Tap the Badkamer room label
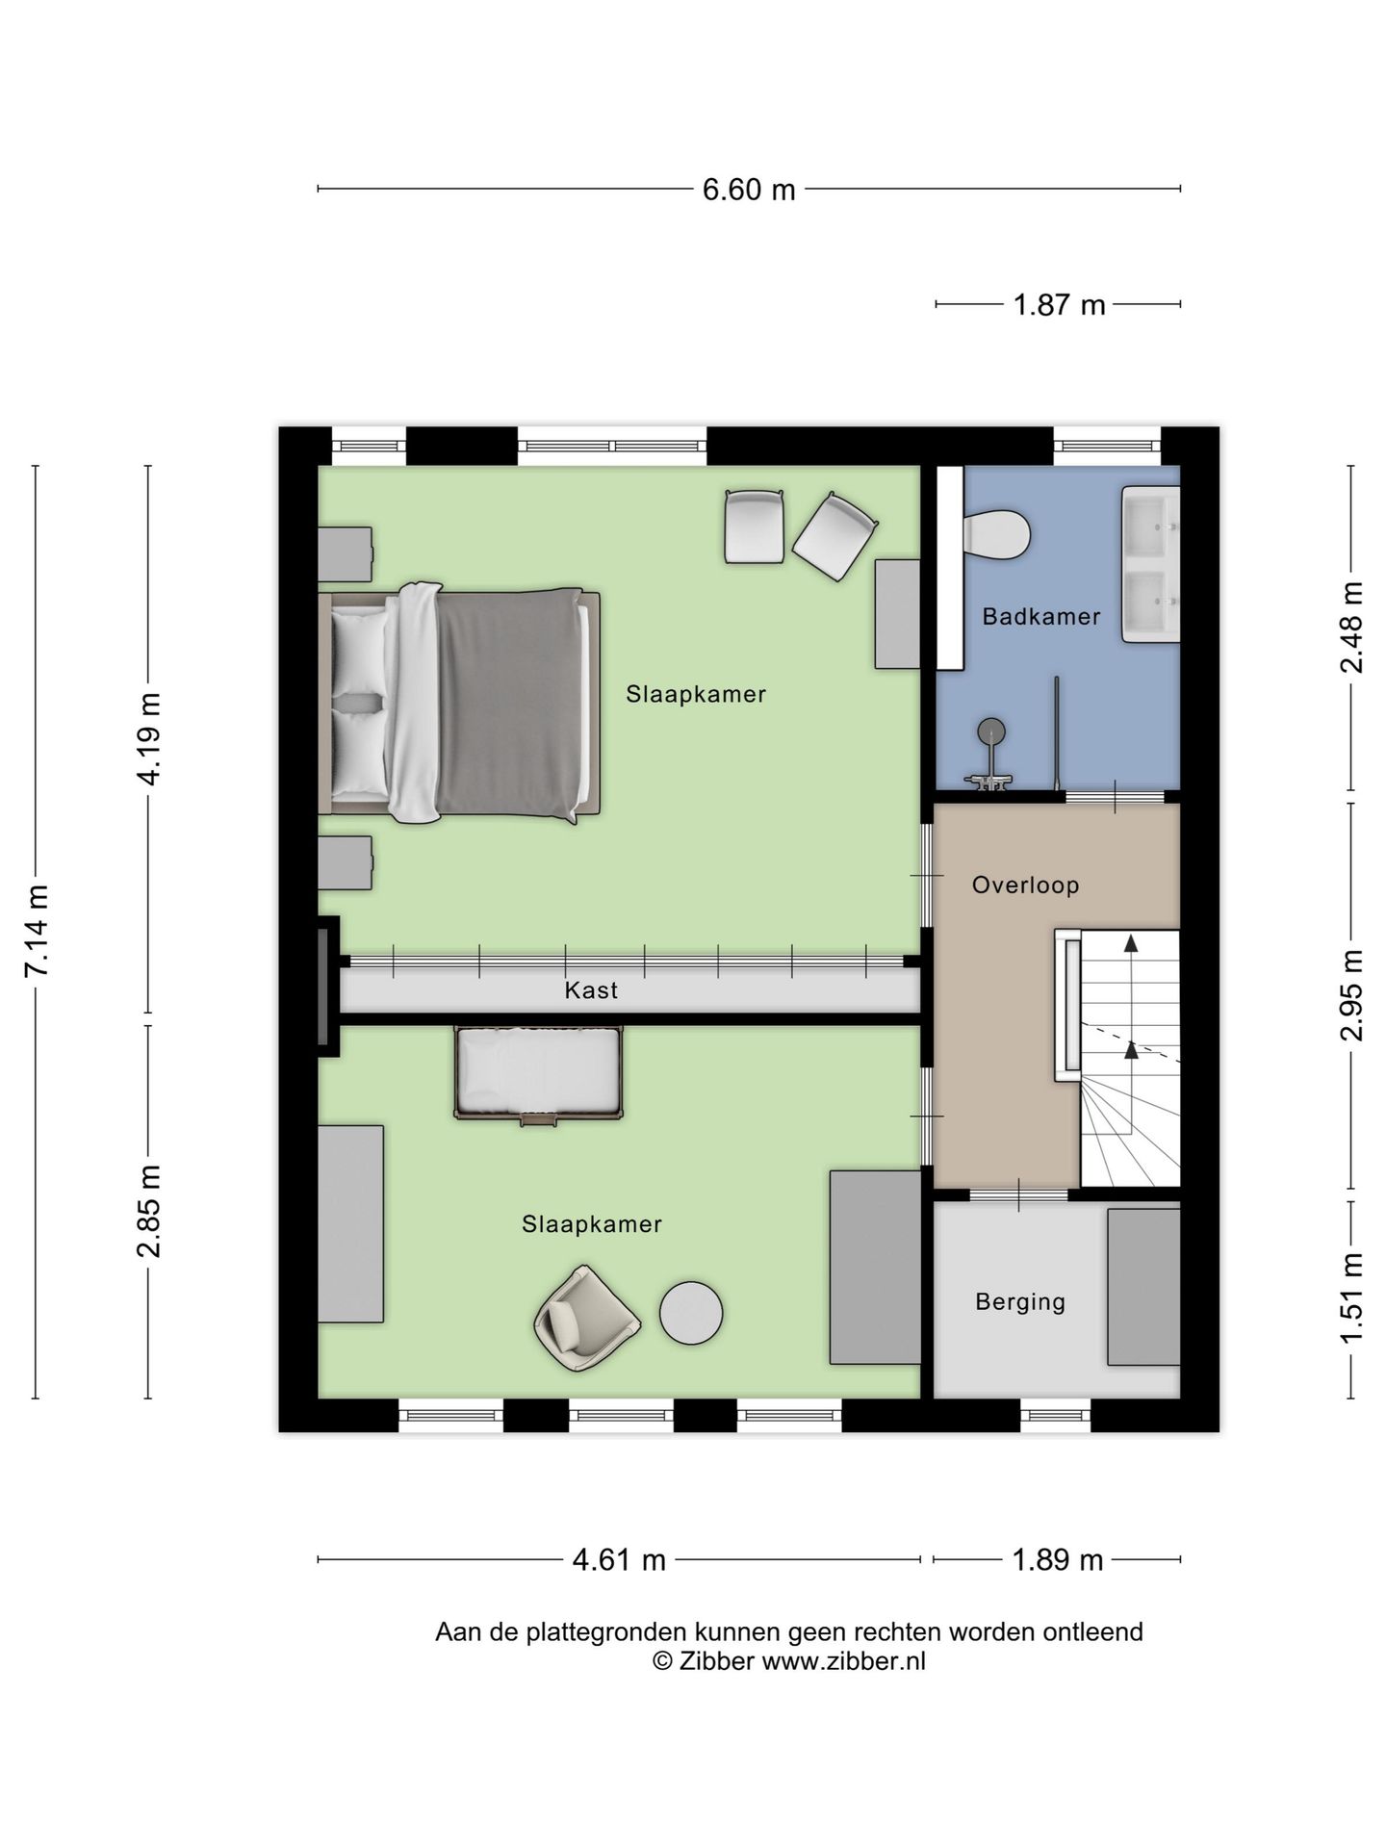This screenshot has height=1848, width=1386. click(x=1040, y=617)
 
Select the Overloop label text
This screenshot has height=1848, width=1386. click(x=1025, y=885)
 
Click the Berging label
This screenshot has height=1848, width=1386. click(x=1020, y=1302)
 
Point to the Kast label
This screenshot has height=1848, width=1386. click(x=591, y=990)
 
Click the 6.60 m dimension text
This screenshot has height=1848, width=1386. click(x=749, y=190)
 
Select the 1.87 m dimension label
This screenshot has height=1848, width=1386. click(x=1059, y=305)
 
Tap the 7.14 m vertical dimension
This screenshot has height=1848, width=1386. click(x=37, y=931)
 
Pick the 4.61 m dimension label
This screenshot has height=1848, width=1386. click(x=619, y=1560)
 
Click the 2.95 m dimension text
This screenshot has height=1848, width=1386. click(x=1351, y=995)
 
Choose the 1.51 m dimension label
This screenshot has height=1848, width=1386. click(x=1351, y=1299)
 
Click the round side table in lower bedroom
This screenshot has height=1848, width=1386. click(x=691, y=1313)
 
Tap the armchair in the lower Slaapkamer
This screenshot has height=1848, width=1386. click(x=586, y=1319)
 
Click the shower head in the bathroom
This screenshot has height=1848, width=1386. click(x=991, y=732)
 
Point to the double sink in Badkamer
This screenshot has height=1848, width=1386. click(x=1150, y=564)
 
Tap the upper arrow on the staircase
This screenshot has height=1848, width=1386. click(x=1132, y=943)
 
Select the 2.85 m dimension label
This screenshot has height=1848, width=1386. click(x=149, y=1211)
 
